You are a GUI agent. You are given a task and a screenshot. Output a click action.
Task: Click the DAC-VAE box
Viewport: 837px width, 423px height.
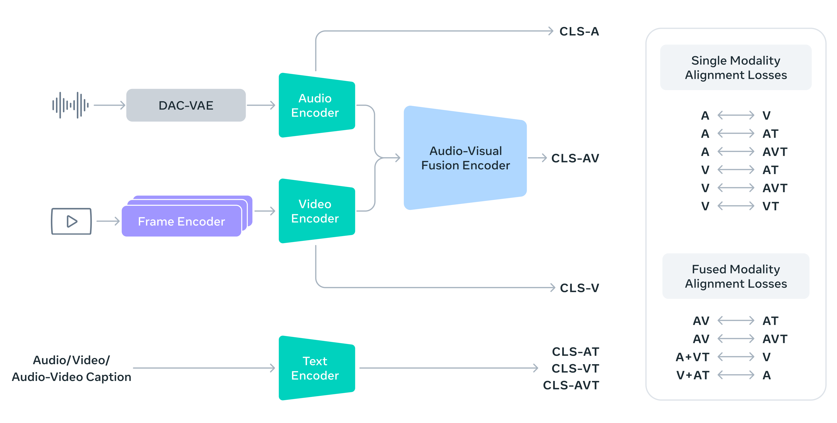[x=186, y=105]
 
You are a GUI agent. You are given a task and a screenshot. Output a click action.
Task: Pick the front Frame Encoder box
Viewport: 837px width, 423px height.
[x=181, y=221]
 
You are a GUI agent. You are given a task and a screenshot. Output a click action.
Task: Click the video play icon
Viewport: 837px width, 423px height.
[x=71, y=221]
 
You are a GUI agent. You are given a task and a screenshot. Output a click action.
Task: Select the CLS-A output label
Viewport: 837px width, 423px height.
[x=579, y=31]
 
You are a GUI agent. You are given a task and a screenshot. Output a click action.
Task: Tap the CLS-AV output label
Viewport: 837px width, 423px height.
[x=575, y=158]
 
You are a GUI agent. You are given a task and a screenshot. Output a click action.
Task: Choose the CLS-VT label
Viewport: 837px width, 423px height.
[x=575, y=368]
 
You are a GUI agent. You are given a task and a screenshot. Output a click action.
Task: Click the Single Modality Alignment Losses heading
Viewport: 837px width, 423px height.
[x=736, y=68]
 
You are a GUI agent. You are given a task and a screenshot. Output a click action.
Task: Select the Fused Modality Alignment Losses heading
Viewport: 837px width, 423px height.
[x=736, y=276]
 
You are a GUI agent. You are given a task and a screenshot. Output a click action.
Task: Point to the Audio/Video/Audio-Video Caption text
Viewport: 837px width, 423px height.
[x=71, y=368]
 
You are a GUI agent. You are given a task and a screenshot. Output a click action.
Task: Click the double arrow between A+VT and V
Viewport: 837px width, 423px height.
[x=736, y=357]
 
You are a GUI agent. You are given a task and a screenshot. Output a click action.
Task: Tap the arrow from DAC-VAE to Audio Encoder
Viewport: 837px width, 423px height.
[x=261, y=105]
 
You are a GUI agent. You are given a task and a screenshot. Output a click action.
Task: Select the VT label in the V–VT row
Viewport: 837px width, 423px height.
[x=770, y=206]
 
